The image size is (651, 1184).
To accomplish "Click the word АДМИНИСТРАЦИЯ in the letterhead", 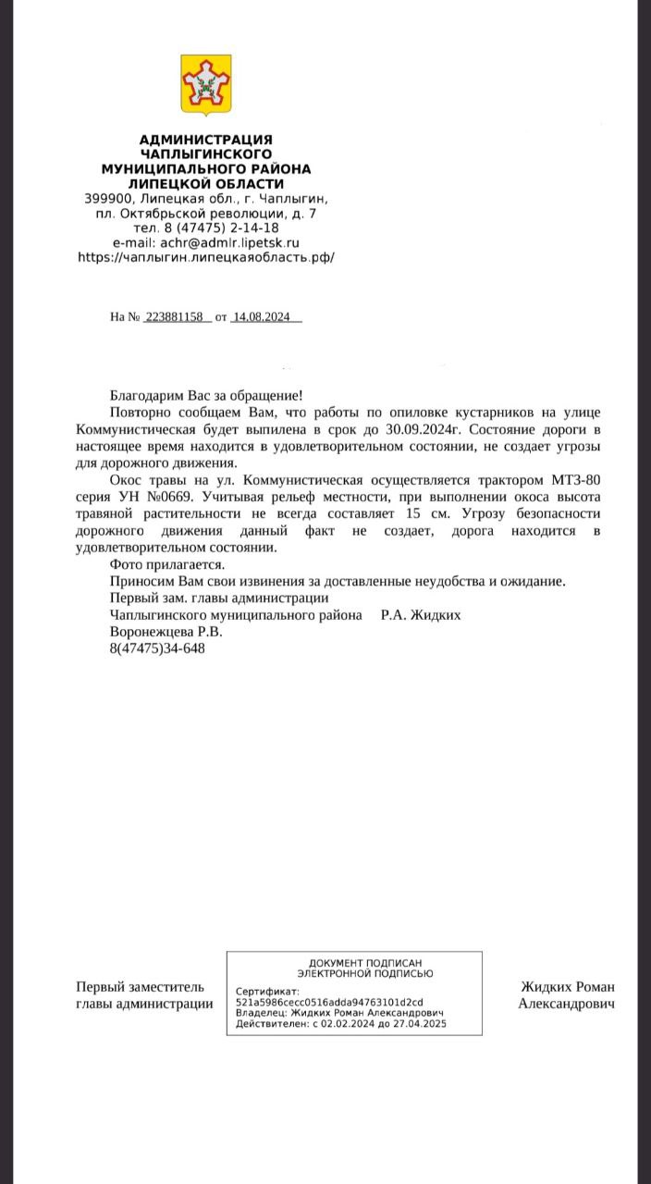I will tap(205, 139).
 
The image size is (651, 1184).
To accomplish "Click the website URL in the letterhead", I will tap(205, 257).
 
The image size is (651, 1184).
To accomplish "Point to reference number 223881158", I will tap(174, 317).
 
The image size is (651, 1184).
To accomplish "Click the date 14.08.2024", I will tap(262, 317).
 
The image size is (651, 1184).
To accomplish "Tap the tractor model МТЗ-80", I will tap(573, 480).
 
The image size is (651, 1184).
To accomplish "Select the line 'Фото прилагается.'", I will tap(166, 564).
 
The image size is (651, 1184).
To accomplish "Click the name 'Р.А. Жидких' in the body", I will tap(421, 615).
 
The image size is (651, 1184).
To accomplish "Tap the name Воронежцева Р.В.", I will tap(166, 632).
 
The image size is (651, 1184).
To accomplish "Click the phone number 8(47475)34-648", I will tap(157, 648).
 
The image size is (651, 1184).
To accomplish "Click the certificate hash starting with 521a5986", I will tap(329, 1003).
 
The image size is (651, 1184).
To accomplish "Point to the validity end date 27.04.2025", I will tap(420, 1024).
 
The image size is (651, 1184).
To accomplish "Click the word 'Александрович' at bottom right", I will tap(566, 1004).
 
